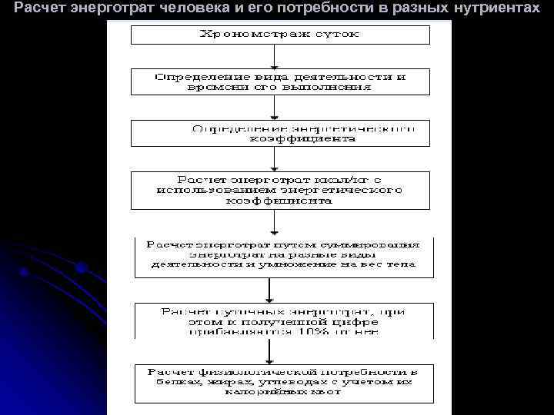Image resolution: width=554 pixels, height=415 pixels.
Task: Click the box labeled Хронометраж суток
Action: coord(280,35)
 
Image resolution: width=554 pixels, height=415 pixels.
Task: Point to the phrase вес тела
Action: coord(393,264)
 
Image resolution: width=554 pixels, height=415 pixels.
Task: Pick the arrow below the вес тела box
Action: coord(269,290)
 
